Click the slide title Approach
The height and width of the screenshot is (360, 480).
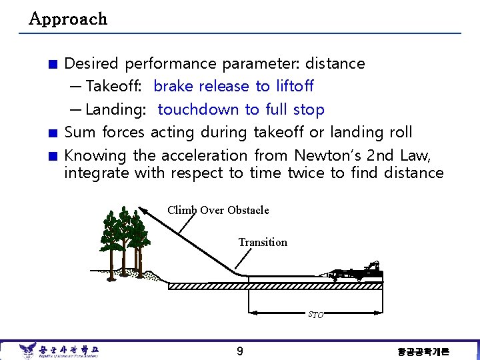pos(68,19)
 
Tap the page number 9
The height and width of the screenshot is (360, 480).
pos(239,351)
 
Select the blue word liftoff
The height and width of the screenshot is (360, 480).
pos(294,87)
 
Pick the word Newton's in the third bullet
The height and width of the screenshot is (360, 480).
pos(325,155)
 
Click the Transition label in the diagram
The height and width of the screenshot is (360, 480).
pos(263,243)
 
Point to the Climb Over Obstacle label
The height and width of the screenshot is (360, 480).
pos(218,211)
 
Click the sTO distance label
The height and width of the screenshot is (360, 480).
pos(315,314)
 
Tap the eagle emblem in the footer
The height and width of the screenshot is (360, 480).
pos(27,351)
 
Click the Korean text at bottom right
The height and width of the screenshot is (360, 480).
pos(423,351)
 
